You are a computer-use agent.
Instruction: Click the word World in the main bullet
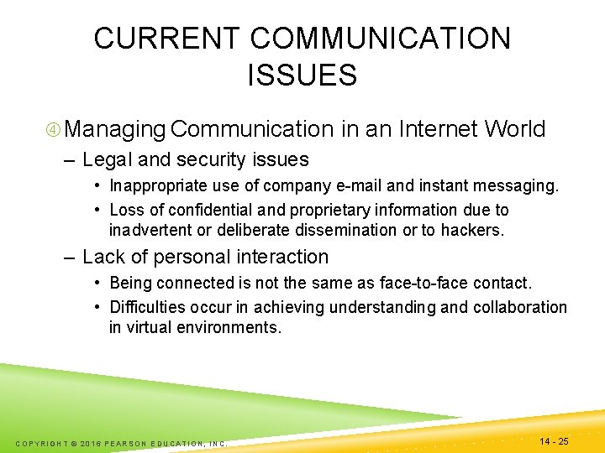[515, 129]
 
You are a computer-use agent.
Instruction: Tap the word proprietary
[331, 210]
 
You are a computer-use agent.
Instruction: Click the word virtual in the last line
[149, 327]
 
